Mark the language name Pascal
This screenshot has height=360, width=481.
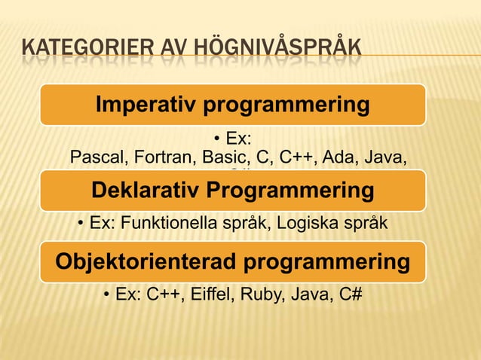tap(93, 158)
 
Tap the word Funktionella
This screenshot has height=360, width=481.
tap(170, 224)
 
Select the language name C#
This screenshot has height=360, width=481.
tap(349, 294)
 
